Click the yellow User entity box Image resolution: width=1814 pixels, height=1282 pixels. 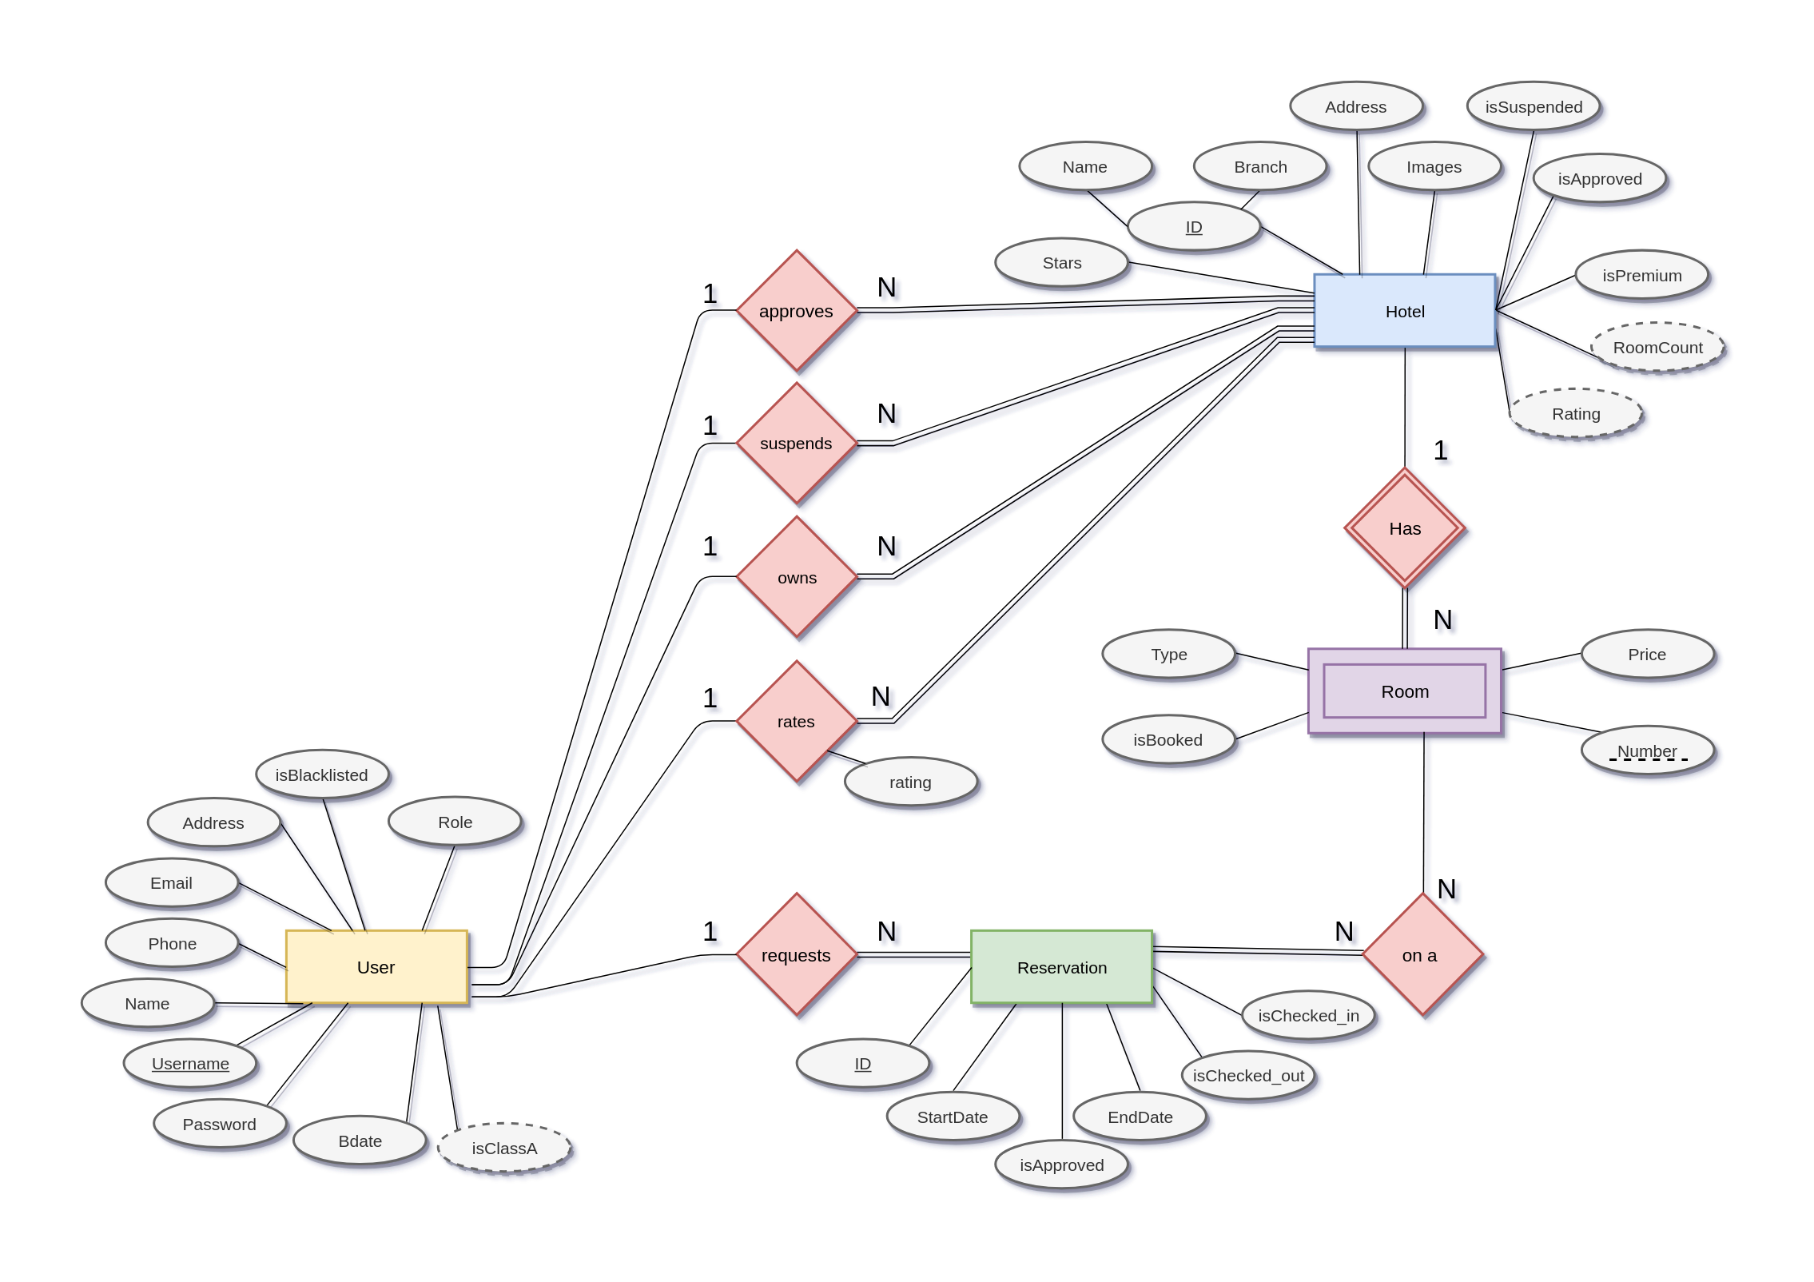click(376, 966)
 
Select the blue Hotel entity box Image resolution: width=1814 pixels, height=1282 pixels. click(1404, 311)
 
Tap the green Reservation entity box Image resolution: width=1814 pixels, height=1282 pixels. click(1061, 966)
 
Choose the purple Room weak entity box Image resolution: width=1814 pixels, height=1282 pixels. click(1404, 691)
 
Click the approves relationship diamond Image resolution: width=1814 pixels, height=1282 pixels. click(796, 311)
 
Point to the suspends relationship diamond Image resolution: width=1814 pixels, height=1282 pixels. click(796, 443)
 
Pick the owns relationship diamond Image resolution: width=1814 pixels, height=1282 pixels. click(796, 576)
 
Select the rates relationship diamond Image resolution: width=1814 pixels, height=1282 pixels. click(796, 721)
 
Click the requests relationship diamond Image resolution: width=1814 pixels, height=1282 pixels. click(796, 954)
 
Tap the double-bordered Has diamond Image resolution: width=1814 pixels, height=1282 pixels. click(1404, 528)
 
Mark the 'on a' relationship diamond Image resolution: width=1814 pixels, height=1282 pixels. click(1422, 954)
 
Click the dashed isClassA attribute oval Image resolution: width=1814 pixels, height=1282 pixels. click(504, 1148)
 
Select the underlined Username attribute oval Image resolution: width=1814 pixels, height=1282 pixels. click(190, 1063)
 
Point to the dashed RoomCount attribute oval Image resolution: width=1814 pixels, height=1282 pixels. click(1657, 347)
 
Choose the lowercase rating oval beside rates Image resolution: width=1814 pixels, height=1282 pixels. click(910, 782)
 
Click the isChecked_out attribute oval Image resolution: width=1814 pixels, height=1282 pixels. click(1247, 1075)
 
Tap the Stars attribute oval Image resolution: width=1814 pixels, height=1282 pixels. click(1061, 262)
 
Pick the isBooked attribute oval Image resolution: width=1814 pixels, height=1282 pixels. click(1168, 739)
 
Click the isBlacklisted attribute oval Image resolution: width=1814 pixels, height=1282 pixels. click(322, 774)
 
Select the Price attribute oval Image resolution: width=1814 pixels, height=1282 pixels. click(1647, 654)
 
